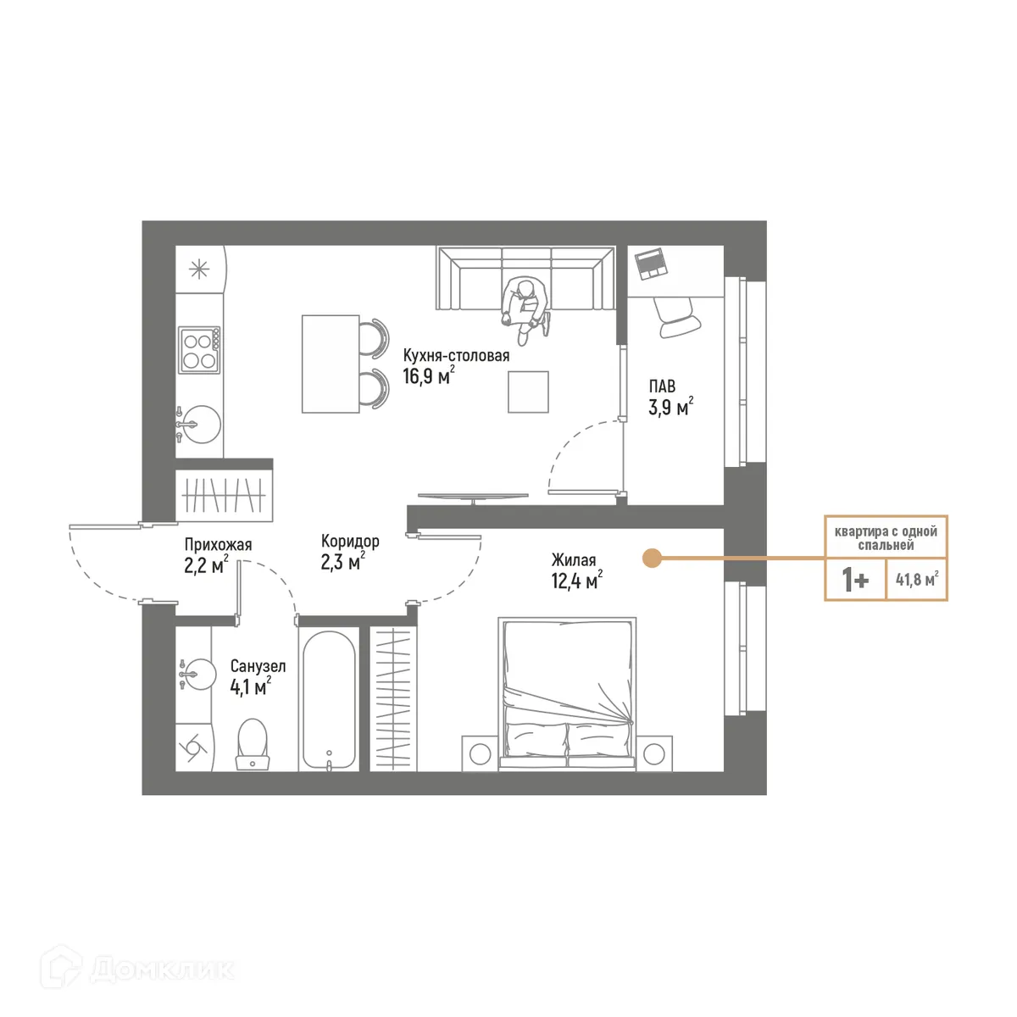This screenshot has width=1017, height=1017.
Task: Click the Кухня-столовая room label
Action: [x=456, y=355]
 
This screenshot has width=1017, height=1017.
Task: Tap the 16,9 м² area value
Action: [x=428, y=376]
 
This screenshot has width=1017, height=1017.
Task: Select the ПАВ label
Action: [x=662, y=386]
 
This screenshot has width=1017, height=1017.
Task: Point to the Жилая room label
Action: [x=573, y=560]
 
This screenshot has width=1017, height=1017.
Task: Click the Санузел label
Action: [x=258, y=666]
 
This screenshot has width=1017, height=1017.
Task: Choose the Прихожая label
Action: [x=218, y=545]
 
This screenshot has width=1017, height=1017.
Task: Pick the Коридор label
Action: [x=350, y=541]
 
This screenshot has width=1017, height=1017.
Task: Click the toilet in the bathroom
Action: [x=253, y=743]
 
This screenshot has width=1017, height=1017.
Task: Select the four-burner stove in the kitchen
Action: [x=199, y=350]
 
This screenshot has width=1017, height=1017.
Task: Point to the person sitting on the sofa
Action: [x=525, y=307]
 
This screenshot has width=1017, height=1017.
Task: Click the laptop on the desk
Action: [x=652, y=264]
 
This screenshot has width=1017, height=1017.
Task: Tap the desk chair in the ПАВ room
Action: [x=679, y=318]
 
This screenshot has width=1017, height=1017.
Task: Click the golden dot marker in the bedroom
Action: [x=651, y=559]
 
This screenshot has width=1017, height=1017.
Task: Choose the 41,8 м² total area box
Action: [x=917, y=581]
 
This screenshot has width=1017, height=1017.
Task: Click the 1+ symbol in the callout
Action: [x=854, y=581]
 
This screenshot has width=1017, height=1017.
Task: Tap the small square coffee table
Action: [x=528, y=392]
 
